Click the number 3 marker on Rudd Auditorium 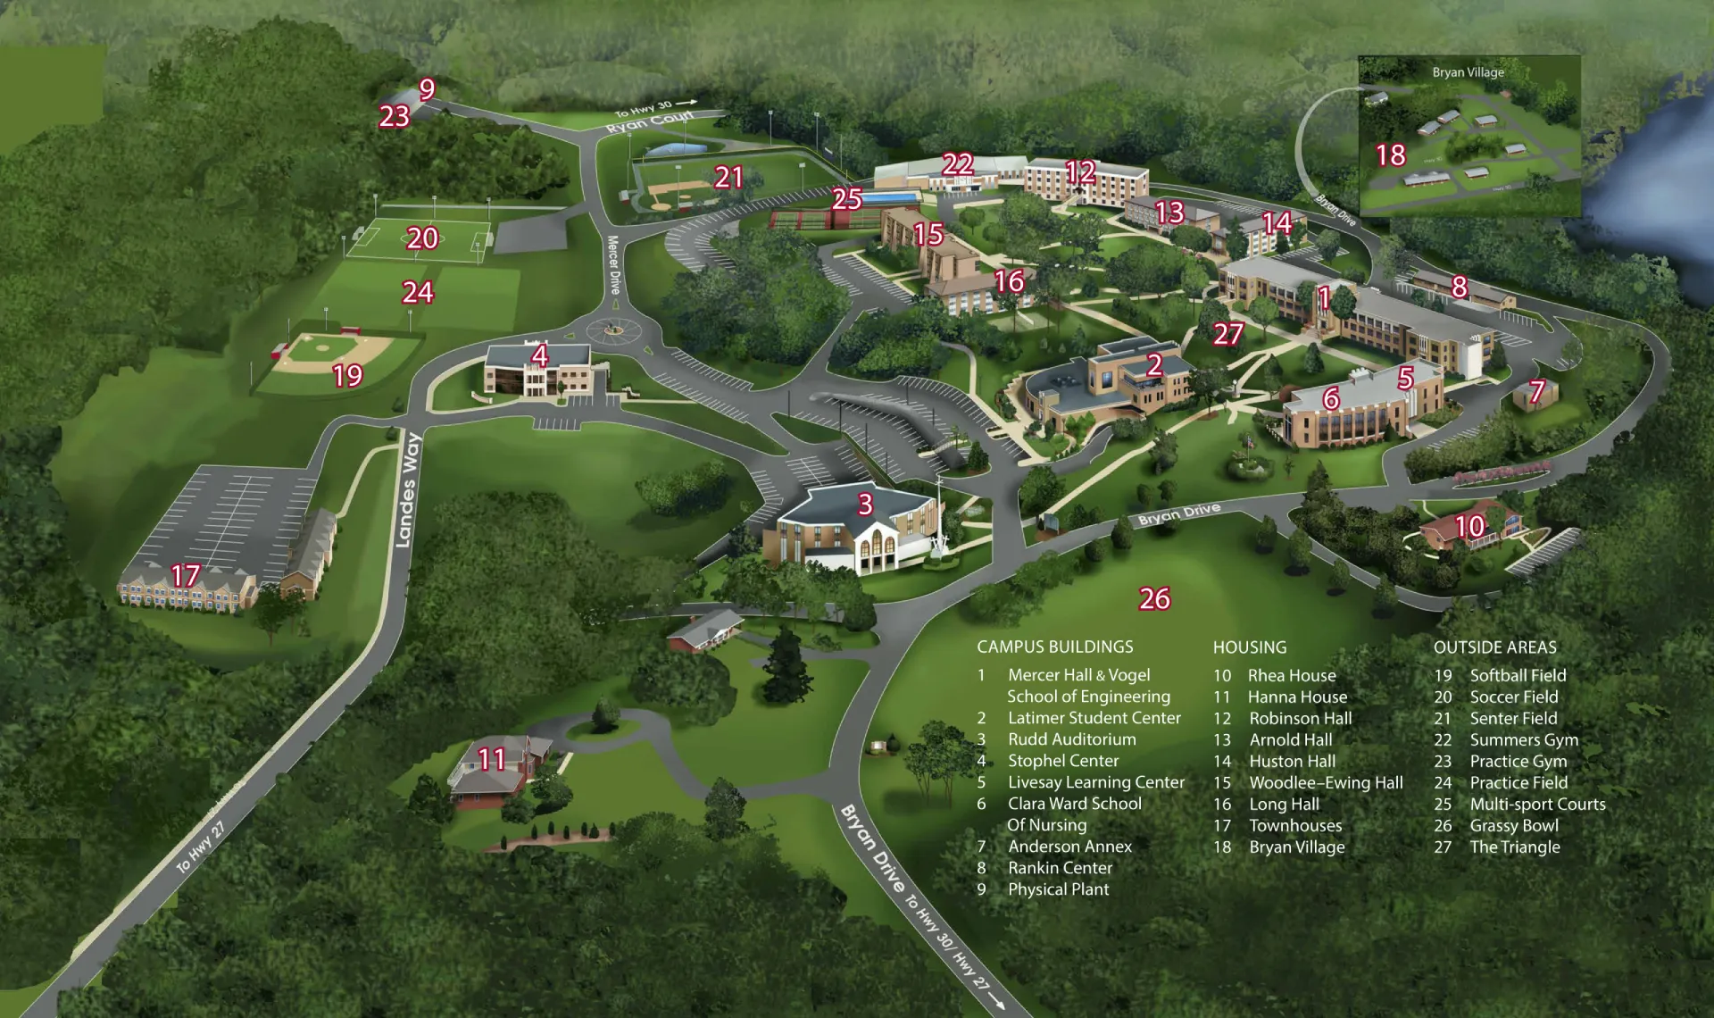point(864,505)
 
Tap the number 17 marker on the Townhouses point(186,575)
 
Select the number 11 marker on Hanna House point(492,759)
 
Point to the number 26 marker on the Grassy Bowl point(1154,598)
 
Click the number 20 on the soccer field point(422,238)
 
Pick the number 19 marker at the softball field point(347,375)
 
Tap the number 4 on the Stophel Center point(539,356)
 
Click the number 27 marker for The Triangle point(1228,334)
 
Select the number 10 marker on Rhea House point(1469,526)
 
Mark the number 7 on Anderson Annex point(1536,391)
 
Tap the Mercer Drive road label point(613,265)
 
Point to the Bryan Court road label point(650,122)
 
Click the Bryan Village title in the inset point(1468,72)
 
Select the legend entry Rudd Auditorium point(1071,739)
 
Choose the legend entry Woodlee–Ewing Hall point(1326,783)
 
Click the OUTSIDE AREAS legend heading point(1494,647)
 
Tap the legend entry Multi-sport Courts point(1537,805)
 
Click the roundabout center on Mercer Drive point(613,330)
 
